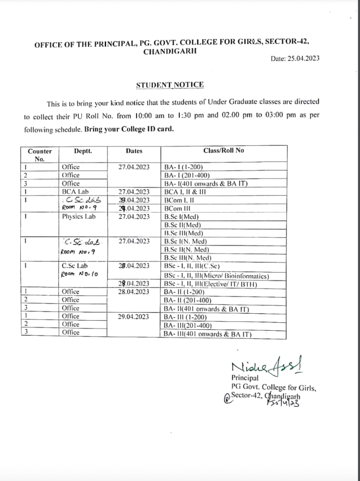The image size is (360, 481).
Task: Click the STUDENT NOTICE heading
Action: tap(169, 84)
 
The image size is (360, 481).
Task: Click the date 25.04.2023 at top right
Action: tap(295, 58)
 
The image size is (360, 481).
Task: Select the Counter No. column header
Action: tap(40, 155)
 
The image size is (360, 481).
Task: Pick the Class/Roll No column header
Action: tap(224, 151)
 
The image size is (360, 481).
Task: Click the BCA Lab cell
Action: tap(74, 191)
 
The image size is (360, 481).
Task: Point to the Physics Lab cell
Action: tap(79, 216)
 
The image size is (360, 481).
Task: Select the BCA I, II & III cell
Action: tap(188, 191)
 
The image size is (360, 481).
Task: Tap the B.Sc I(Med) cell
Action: tap(182, 216)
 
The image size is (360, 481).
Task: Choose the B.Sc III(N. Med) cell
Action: tap(187, 258)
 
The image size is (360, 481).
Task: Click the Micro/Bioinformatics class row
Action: tap(216, 275)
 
